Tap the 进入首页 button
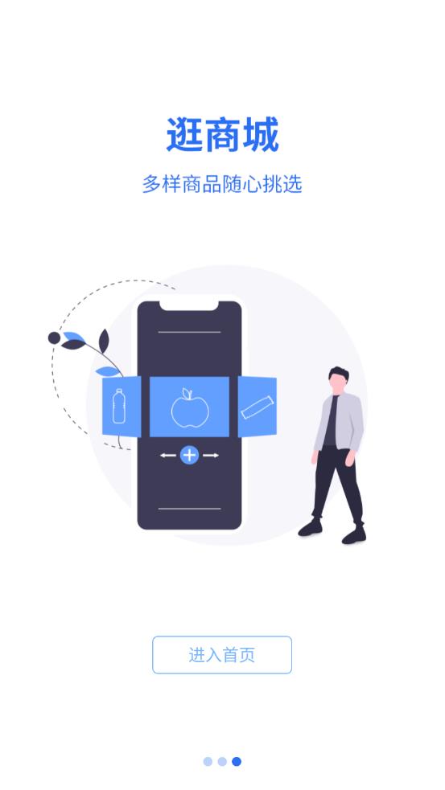(222, 654)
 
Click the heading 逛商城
(222, 134)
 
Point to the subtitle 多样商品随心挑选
(222, 184)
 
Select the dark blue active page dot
(236, 761)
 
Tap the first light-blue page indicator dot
(208, 761)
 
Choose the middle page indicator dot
(222, 761)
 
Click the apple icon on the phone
(190, 407)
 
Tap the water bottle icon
(119, 406)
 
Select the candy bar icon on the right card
(258, 407)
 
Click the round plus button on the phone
(189, 456)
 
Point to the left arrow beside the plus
(168, 456)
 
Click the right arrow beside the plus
(211, 456)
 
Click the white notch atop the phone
(189, 305)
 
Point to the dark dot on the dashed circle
(54, 338)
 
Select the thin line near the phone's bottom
(189, 509)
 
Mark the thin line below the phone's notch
(189, 333)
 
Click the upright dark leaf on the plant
(104, 341)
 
